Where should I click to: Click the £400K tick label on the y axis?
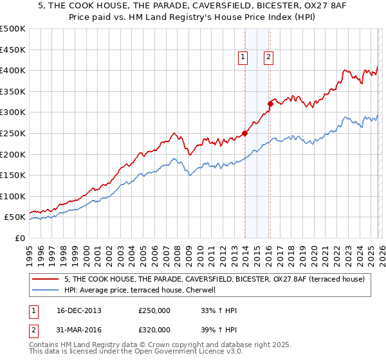tap(13, 70)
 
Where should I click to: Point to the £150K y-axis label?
tap(13, 175)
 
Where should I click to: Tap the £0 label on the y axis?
tap(21, 238)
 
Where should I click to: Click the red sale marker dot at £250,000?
tap(245, 134)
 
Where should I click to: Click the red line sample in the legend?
tap(47, 279)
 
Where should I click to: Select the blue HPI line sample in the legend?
tap(47, 290)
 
